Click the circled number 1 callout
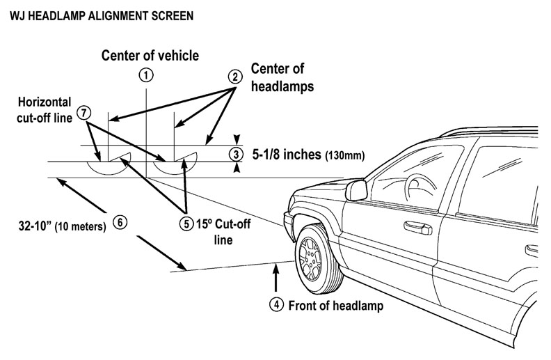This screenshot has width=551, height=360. pyautogui.click(x=145, y=75)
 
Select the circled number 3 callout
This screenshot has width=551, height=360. pyautogui.click(x=237, y=154)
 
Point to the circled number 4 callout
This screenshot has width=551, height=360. pyautogui.click(x=277, y=304)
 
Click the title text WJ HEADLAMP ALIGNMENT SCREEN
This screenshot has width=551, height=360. pyautogui.click(x=98, y=13)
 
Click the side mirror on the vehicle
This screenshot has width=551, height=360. pyautogui.click(x=357, y=189)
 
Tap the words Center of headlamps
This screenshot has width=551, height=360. pyautogui.click(x=281, y=78)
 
